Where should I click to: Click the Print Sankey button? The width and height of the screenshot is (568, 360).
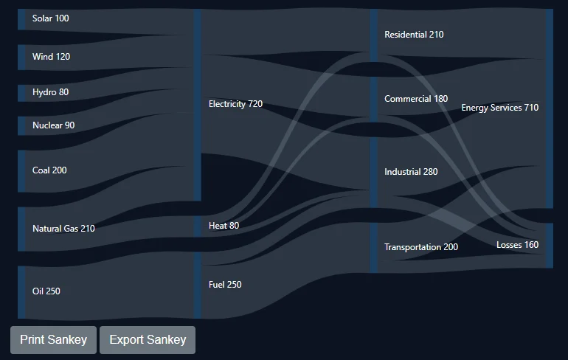click(53, 340)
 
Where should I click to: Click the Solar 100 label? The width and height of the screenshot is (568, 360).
click(50, 18)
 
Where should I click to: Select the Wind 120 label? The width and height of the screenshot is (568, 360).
click(51, 57)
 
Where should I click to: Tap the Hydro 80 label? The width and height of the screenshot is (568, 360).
click(50, 92)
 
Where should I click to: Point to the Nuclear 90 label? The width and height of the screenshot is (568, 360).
click(53, 125)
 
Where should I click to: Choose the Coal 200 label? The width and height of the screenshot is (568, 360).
click(49, 170)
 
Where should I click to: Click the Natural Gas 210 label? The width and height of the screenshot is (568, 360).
click(63, 229)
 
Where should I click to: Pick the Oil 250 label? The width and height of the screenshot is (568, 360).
click(46, 291)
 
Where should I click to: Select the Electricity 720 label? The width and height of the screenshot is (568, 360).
click(235, 104)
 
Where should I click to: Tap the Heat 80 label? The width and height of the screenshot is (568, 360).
click(224, 226)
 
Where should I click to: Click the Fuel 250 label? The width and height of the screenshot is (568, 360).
click(225, 285)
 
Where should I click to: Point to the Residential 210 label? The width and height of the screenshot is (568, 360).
click(414, 35)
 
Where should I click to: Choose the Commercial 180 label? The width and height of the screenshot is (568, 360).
click(416, 99)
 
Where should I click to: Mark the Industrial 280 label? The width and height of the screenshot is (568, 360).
click(411, 172)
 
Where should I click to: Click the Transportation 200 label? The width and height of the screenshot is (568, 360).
click(421, 247)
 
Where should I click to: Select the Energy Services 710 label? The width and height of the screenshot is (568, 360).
click(499, 108)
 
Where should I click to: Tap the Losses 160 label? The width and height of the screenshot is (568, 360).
click(517, 245)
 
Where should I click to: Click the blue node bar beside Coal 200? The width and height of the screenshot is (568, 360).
click(21, 171)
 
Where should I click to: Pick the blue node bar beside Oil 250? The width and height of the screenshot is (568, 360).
click(21, 293)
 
